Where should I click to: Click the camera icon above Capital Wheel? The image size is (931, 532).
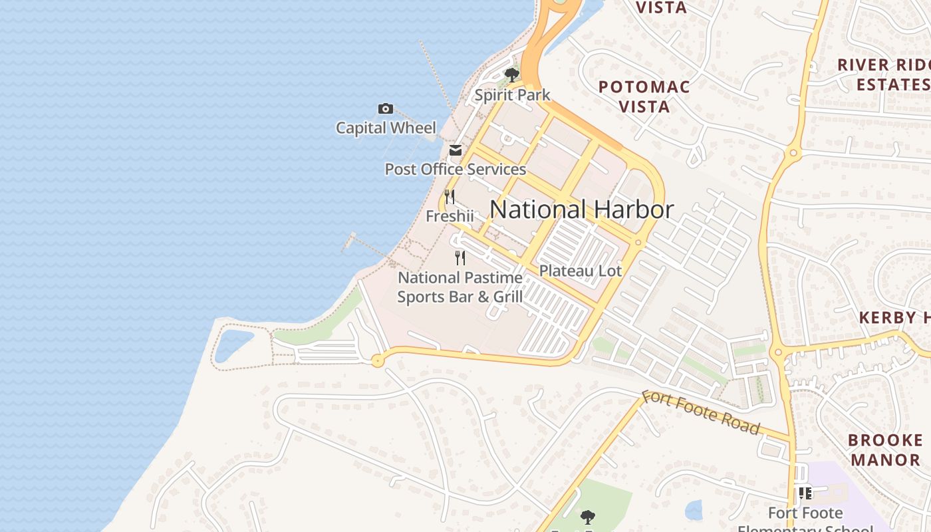pyautogui.click(x=385, y=109)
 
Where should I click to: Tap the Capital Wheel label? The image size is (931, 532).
pyautogui.click(x=386, y=128)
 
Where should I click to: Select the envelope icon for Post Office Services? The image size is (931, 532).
pyautogui.click(x=455, y=151)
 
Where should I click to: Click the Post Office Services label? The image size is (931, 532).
pyautogui.click(x=455, y=169)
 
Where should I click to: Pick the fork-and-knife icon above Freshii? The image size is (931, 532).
pyautogui.click(x=450, y=197)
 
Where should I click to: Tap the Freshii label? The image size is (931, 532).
pyautogui.click(x=450, y=216)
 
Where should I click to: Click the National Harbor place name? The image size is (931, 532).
pyautogui.click(x=581, y=209)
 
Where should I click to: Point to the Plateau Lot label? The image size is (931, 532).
pyautogui.click(x=580, y=271)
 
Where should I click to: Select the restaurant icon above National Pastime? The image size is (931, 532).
pyautogui.click(x=460, y=258)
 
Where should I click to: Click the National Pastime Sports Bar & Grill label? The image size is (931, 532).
pyautogui.click(x=460, y=287)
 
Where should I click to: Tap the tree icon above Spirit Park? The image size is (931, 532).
pyautogui.click(x=511, y=74)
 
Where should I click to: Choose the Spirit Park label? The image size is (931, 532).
pyautogui.click(x=512, y=94)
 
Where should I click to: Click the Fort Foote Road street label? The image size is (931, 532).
pyautogui.click(x=700, y=412)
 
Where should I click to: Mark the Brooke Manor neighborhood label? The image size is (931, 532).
pyautogui.click(x=886, y=450)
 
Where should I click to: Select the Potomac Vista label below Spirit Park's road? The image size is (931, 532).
pyautogui.click(x=644, y=96)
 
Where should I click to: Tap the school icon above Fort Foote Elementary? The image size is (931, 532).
pyautogui.click(x=805, y=493)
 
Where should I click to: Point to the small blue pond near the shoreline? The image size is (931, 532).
pyautogui.click(x=233, y=344)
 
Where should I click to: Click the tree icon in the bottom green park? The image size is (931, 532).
pyautogui.click(x=587, y=517)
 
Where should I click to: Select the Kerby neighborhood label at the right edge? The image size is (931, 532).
pyautogui.click(x=894, y=317)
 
